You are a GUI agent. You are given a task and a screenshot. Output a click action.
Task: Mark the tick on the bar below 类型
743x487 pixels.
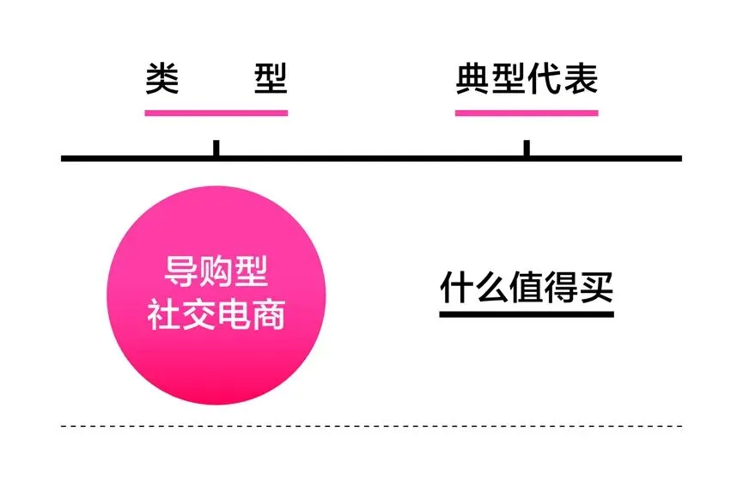(216, 148)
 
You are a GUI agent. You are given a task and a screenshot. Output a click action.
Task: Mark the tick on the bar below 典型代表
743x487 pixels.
(527, 148)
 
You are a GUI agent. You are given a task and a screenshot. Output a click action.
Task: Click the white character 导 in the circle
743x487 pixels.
(180, 273)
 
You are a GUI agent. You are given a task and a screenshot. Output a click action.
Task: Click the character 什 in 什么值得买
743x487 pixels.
(456, 288)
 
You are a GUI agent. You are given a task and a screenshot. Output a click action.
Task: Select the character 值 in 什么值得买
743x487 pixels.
(527, 288)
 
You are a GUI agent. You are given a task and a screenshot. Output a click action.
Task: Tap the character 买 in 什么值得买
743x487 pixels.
(597, 288)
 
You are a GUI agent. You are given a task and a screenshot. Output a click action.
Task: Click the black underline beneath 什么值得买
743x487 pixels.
(527, 314)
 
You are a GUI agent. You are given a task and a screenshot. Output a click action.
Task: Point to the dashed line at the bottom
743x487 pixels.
(371, 425)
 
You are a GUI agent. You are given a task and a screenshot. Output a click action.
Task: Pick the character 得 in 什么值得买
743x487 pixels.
(562, 288)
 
